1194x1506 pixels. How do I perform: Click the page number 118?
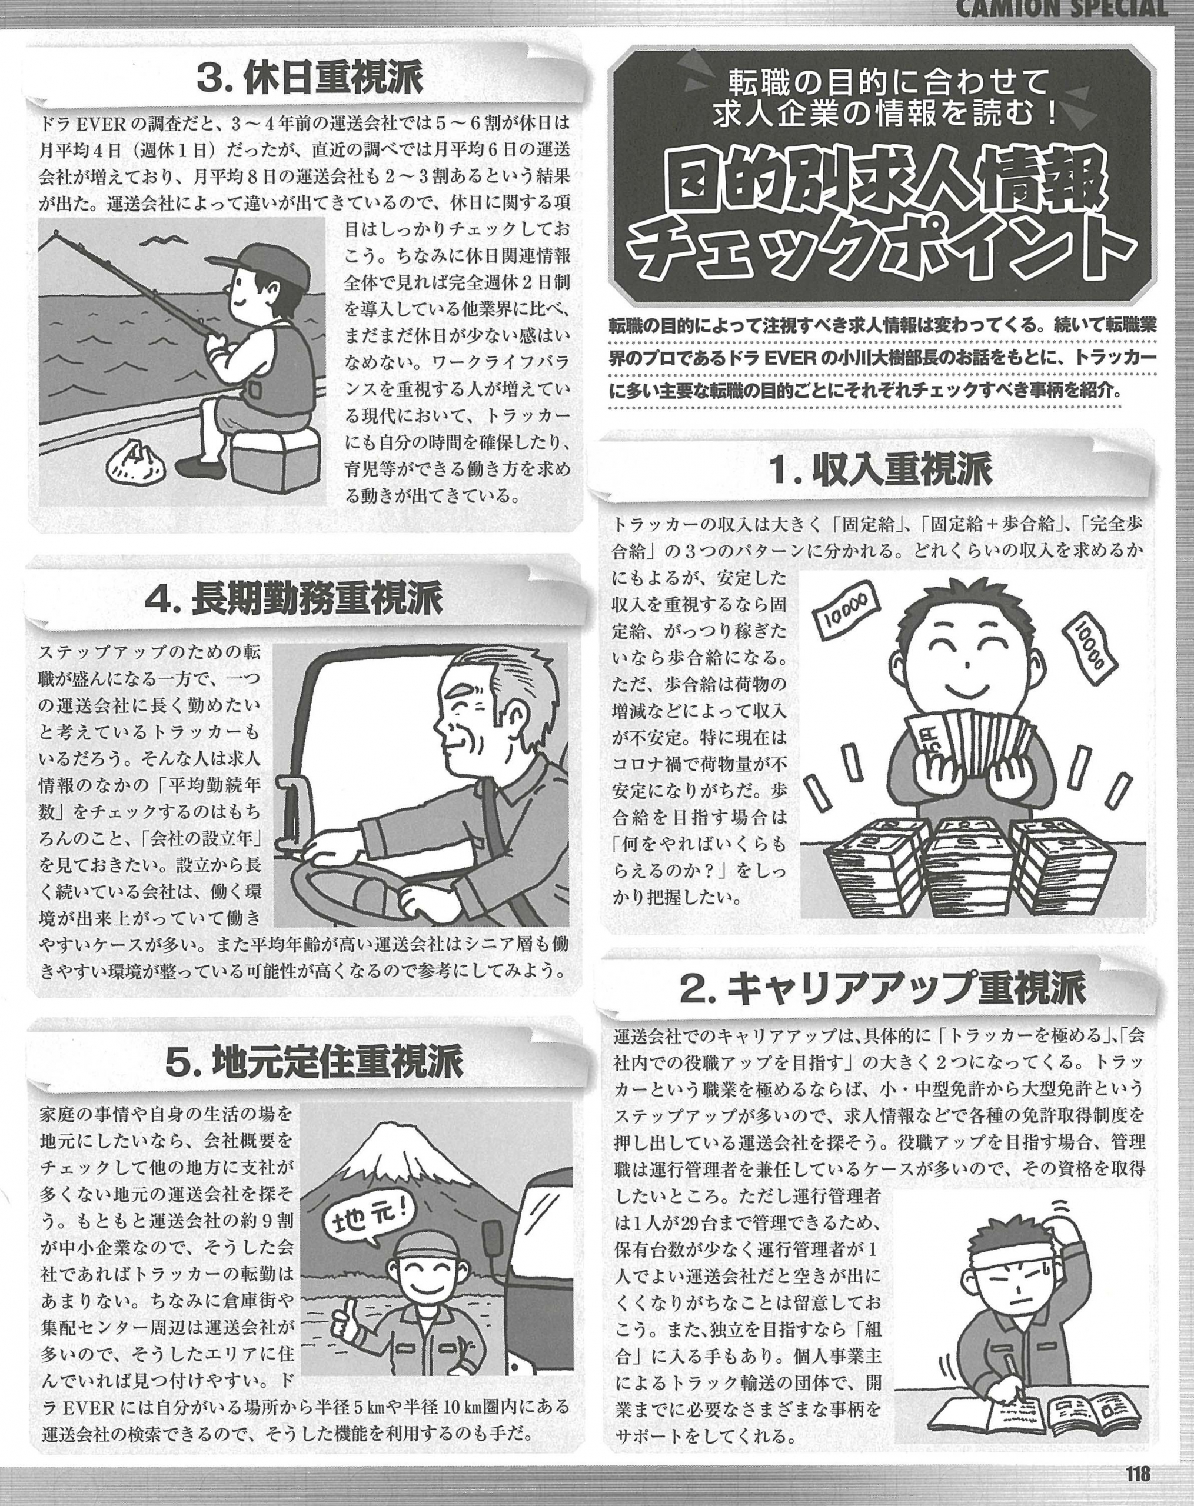1137,1488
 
